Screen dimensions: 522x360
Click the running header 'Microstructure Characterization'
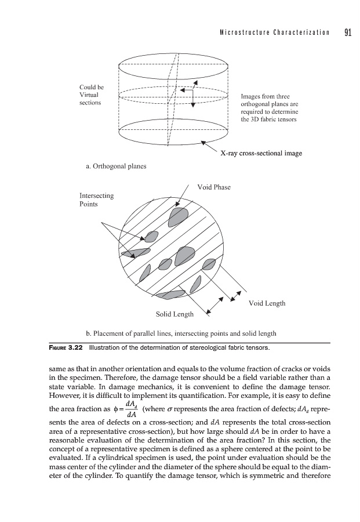click(271, 33)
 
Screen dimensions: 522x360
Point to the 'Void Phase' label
click(214, 187)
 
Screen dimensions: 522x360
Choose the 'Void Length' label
click(266, 303)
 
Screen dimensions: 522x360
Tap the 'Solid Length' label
click(174, 314)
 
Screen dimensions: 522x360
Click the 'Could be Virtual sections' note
click(91, 95)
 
